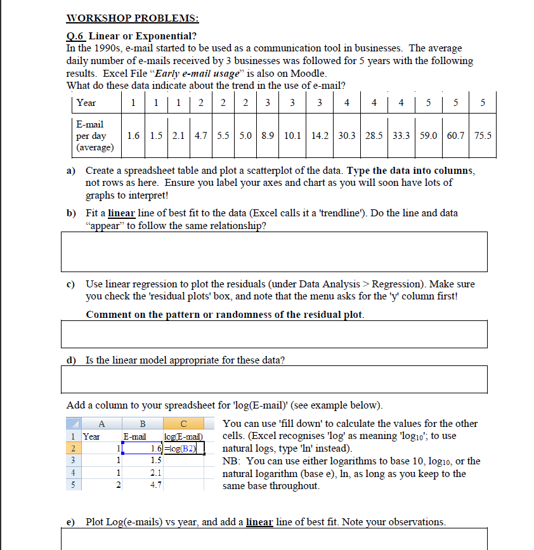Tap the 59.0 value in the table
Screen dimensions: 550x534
[426, 136]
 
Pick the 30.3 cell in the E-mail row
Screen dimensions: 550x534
[347, 136]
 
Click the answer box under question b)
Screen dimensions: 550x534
[275, 252]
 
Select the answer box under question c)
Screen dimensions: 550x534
[275, 334]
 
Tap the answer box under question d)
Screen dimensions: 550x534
[275, 379]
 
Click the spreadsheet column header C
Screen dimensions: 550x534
[183, 424]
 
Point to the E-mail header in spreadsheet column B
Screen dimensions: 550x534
[134, 436]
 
